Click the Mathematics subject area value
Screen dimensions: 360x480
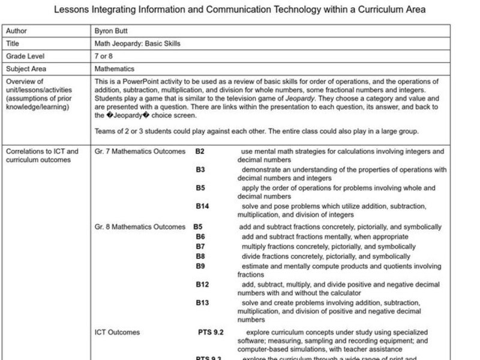tap(115, 69)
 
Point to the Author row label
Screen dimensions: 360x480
tap(16, 31)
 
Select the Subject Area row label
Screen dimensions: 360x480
tap(25, 69)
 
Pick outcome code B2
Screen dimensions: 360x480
tap(200, 152)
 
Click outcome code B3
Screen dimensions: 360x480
tap(200, 170)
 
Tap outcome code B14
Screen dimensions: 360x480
tap(202, 206)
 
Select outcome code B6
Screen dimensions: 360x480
tap(200, 237)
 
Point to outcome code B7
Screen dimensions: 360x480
tap(200, 247)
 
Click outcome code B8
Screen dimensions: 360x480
tap(200, 256)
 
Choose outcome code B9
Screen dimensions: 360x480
tap(200, 266)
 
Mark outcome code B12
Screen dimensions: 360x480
tap(202, 284)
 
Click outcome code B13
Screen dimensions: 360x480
tap(202, 303)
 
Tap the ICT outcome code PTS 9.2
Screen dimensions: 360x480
tap(211, 332)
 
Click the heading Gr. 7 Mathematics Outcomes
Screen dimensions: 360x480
tap(140, 152)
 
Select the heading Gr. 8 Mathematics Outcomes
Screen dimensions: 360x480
tap(140, 227)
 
